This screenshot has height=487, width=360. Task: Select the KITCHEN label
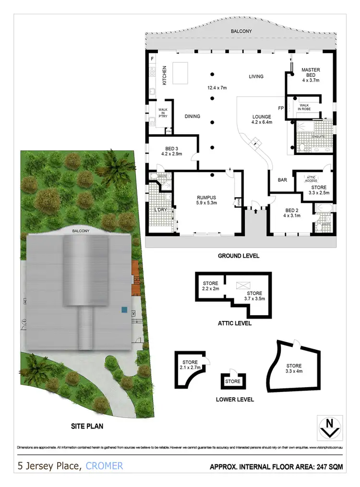pos(164,75)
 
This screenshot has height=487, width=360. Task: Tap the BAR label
pos(283,180)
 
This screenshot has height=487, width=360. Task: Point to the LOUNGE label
pos(262,117)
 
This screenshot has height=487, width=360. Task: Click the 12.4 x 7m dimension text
pos(216,88)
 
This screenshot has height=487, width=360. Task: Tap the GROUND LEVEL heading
pos(239,256)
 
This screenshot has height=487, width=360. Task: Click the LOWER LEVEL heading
pos(235,399)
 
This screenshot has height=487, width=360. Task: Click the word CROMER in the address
pos(105,465)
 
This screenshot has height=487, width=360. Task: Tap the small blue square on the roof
pos(124,310)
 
